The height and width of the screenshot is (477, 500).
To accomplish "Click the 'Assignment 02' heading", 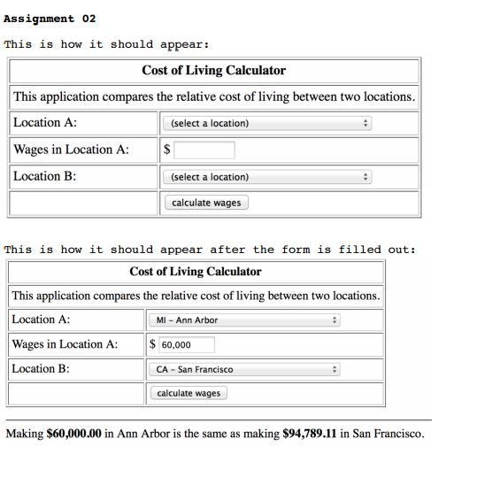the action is pos(50,19).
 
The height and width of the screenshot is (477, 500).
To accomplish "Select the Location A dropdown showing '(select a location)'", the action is pos(268,123).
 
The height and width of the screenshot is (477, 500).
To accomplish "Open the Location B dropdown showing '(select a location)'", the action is pos(268,177).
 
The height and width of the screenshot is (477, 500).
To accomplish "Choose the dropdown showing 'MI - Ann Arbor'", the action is pos(243,320).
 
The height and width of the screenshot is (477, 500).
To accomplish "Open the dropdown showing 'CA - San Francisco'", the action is pos(243,369).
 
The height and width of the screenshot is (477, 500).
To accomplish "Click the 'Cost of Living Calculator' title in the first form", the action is pos(213,70).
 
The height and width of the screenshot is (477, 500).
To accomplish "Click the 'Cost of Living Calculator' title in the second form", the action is pos(196,272).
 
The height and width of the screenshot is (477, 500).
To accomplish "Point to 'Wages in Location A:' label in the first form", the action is pos(71,150).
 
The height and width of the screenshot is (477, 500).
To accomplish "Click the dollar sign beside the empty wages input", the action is pos(166,150).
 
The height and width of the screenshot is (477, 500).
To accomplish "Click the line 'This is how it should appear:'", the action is pos(106,44).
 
